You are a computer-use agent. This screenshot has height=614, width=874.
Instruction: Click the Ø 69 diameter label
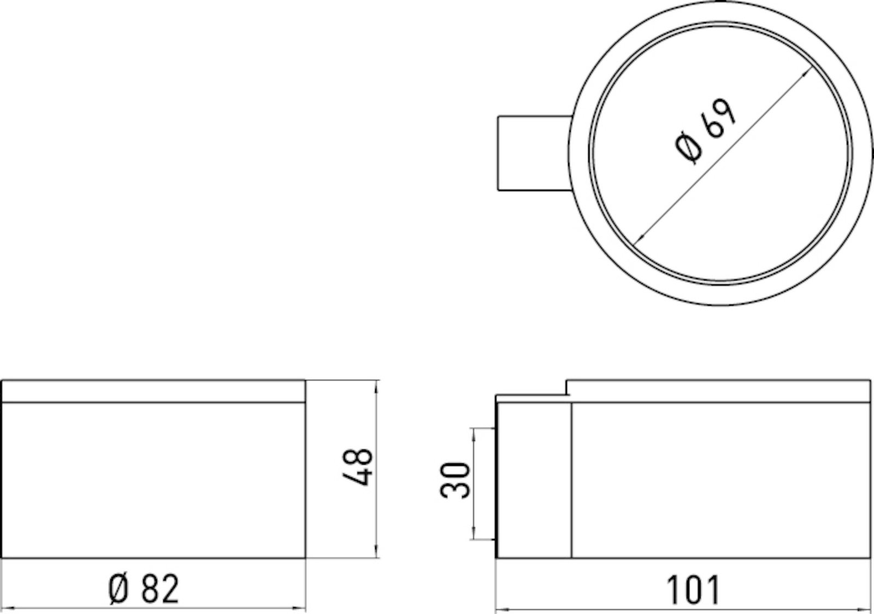pyautogui.click(x=705, y=132)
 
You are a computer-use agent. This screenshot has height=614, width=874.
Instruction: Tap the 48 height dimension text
pyautogui.click(x=357, y=467)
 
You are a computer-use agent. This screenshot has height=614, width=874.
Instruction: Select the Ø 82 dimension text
pyautogui.click(x=144, y=589)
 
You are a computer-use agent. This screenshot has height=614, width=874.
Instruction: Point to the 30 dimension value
pyautogui.click(x=455, y=480)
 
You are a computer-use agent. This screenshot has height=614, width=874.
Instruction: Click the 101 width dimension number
pyautogui.click(x=693, y=590)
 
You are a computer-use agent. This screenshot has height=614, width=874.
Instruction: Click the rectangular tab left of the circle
pyautogui.click(x=535, y=153)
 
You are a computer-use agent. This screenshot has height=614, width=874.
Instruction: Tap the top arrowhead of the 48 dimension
pyautogui.click(x=376, y=388)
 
